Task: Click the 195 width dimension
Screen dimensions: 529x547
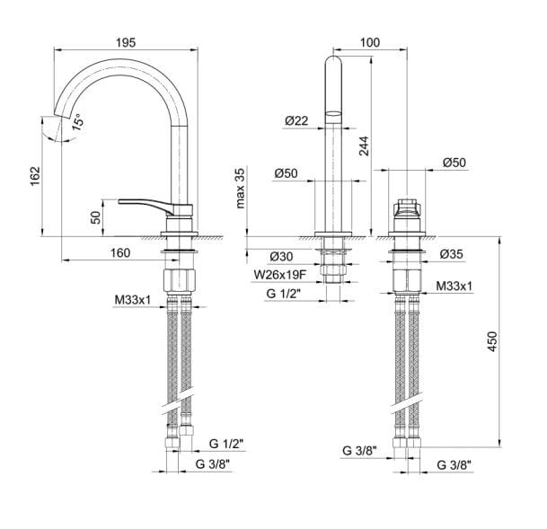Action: click(125, 41)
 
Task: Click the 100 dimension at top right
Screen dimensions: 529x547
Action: click(369, 41)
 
